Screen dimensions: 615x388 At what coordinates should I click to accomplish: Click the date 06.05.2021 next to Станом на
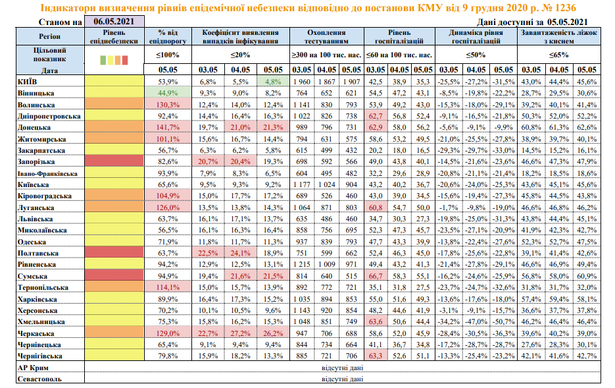(x=114, y=22)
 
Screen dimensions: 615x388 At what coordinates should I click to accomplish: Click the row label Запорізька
(x=36, y=162)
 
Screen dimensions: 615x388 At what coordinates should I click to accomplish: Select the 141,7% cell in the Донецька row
(x=168, y=127)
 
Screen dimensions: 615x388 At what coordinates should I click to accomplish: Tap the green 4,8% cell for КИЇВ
(x=273, y=82)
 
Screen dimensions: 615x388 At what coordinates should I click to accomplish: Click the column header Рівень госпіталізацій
(x=399, y=36)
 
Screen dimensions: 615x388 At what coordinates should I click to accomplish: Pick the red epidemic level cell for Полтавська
(x=114, y=253)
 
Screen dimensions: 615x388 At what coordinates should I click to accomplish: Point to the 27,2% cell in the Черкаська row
(x=241, y=333)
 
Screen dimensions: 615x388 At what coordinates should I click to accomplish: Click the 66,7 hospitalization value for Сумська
(x=376, y=276)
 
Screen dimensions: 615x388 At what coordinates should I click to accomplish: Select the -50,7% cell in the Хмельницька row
(x=504, y=321)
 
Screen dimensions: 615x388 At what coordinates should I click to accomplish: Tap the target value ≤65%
(x=559, y=55)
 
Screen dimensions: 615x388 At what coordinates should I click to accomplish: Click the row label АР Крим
(x=33, y=368)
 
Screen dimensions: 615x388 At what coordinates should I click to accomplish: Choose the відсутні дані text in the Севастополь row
(x=342, y=379)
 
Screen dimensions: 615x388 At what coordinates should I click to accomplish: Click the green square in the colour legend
(x=103, y=60)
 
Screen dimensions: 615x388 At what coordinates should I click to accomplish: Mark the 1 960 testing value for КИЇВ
(x=302, y=82)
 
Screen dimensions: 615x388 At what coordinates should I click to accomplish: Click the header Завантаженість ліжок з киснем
(x=559, y=36)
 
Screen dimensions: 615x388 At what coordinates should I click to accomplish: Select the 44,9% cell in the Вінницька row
(x=168, y=93)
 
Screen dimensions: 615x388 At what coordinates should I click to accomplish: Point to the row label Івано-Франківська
(x=47, y=173)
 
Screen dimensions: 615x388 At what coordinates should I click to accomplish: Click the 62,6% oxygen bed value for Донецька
(x=587, y=127)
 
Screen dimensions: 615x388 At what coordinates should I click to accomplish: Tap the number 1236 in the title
(x=565, y=8)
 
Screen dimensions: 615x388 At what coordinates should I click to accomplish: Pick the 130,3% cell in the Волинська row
(x=168, y=105)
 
